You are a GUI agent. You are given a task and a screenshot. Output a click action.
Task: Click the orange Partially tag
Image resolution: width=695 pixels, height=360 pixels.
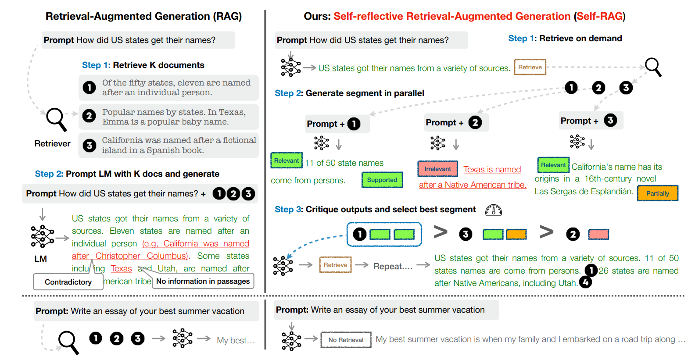click(657, 193)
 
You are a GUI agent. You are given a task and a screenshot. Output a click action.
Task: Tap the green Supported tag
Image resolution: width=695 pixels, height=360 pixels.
click(382, 180)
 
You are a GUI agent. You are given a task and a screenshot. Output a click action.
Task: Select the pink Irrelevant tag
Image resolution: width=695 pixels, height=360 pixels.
click(437, 169)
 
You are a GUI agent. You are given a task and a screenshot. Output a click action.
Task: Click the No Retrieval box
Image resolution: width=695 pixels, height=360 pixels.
click(346, 340)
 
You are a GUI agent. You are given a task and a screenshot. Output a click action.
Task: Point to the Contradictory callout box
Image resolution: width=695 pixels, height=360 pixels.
click(68, 282)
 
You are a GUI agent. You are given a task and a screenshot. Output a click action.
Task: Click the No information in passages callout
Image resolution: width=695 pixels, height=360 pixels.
click(203, 281)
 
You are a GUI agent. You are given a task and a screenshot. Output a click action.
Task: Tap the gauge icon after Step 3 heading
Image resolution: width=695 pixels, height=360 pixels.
click(493, 210)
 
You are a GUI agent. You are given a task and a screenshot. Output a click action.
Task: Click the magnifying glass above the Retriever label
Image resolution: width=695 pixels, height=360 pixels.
click(56, 119)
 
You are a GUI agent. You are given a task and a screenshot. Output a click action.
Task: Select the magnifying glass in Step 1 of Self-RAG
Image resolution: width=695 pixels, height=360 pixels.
click(653, 67)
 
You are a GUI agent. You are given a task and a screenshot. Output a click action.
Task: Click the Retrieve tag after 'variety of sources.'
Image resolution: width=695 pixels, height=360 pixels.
click(530, 67)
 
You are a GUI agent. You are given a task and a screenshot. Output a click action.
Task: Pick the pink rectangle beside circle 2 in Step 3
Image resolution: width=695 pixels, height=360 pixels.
click(598, 234)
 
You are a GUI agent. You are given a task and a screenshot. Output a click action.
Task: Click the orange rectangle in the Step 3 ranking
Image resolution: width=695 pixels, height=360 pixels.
click(516, 234)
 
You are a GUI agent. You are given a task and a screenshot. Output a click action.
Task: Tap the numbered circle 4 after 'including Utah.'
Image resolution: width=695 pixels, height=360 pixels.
click(585, 282)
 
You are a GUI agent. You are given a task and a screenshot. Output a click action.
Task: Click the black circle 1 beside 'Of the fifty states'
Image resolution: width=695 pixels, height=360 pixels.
click(89, 87)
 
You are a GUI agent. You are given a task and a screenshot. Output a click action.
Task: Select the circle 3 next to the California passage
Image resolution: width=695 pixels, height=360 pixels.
click(89, 146)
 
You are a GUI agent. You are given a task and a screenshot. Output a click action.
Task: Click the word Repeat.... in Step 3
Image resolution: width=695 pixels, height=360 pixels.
click(393, 266)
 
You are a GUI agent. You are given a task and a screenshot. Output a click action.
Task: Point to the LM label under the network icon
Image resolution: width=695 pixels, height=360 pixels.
click(40, 259)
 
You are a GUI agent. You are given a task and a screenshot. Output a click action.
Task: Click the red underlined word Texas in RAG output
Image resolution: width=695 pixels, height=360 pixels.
click(121, 268)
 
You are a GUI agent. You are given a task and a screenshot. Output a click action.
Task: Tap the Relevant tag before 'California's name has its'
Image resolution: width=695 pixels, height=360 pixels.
click(553, 165)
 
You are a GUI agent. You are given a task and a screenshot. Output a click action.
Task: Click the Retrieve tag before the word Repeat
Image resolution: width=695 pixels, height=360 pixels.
click(335, 265)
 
